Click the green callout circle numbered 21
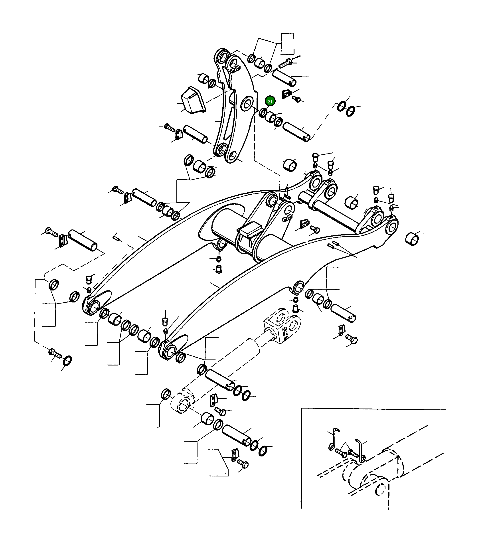pos(270,101)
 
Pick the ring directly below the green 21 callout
pos(263,113)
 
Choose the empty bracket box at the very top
pos(287,44)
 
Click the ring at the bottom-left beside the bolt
pos(67,361)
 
